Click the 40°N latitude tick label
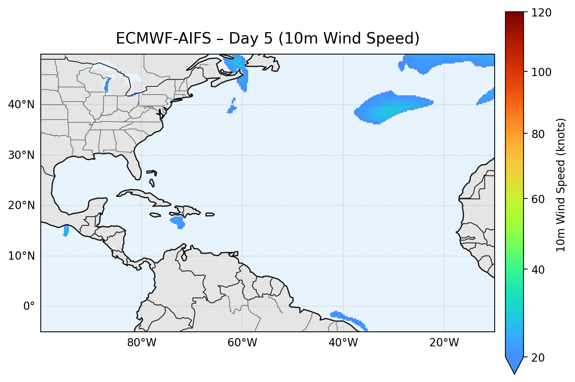pos(21,105)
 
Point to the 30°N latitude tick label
pos(21,155)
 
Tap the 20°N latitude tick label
pos(21,206)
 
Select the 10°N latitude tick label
pos(21,256)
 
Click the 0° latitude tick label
pos(29,306)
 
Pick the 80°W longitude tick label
pos(141,343)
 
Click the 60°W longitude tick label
pos(242,343)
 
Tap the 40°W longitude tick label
pos(343,343)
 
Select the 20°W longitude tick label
pos(444,343)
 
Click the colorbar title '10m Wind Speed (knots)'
pos(561,185)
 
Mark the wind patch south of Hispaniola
pos(178,222)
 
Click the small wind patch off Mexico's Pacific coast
pos(66,231)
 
